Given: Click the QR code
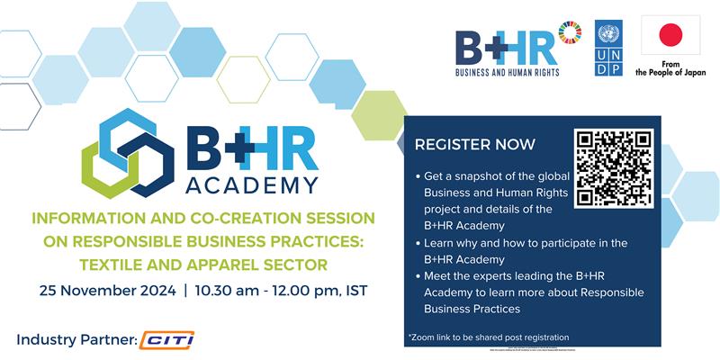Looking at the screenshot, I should coord(613,167).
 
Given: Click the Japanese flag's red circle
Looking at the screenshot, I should coord(670,36).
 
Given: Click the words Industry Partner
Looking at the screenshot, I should coord(76,340).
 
